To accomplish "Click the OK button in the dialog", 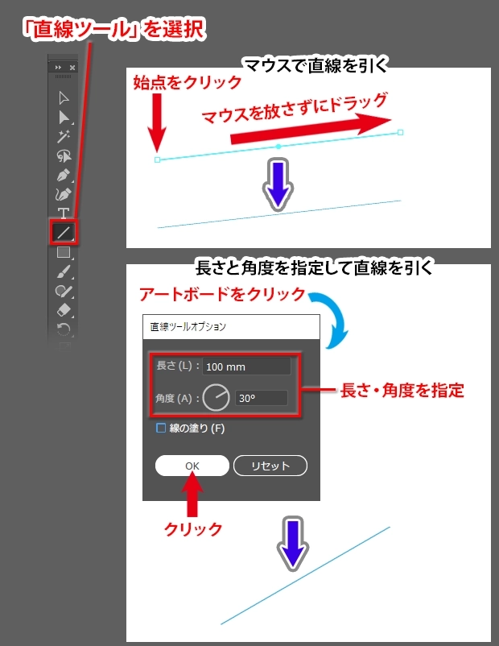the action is coord(192,466).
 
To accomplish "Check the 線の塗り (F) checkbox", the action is coord(161,428).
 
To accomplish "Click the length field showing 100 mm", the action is coord(246,366).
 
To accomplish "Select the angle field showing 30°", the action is coord(261,398).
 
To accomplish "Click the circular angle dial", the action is coord(217,398).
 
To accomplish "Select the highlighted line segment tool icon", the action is coord(64,232).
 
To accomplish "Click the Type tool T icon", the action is coord(63,213).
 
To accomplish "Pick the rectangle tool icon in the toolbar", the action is coord(64,252).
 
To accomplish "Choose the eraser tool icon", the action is coord(64,310).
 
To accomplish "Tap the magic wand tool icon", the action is coord(64,136).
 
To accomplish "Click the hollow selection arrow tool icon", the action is coord(64,98).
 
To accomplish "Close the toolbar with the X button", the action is coord(72,67).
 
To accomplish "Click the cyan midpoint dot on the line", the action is coord(278,147).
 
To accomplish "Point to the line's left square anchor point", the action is coord(157,159).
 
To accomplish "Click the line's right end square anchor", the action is coord(400,132).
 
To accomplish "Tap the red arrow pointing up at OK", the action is coord(192,494).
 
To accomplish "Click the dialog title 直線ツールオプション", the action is coord(188,327).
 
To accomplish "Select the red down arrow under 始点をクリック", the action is coord(157,122).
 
